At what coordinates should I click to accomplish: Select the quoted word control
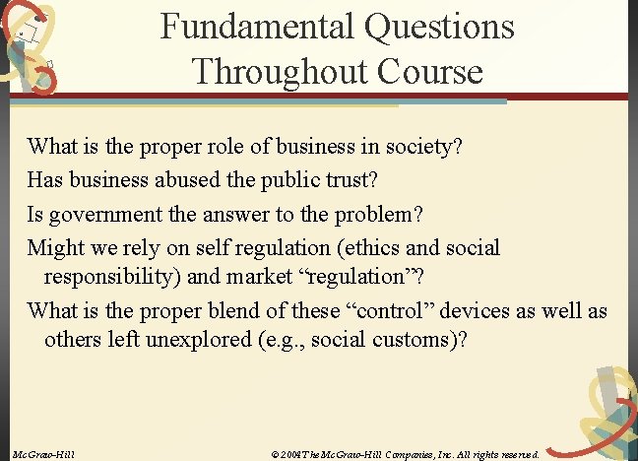click(x=395, y=311)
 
